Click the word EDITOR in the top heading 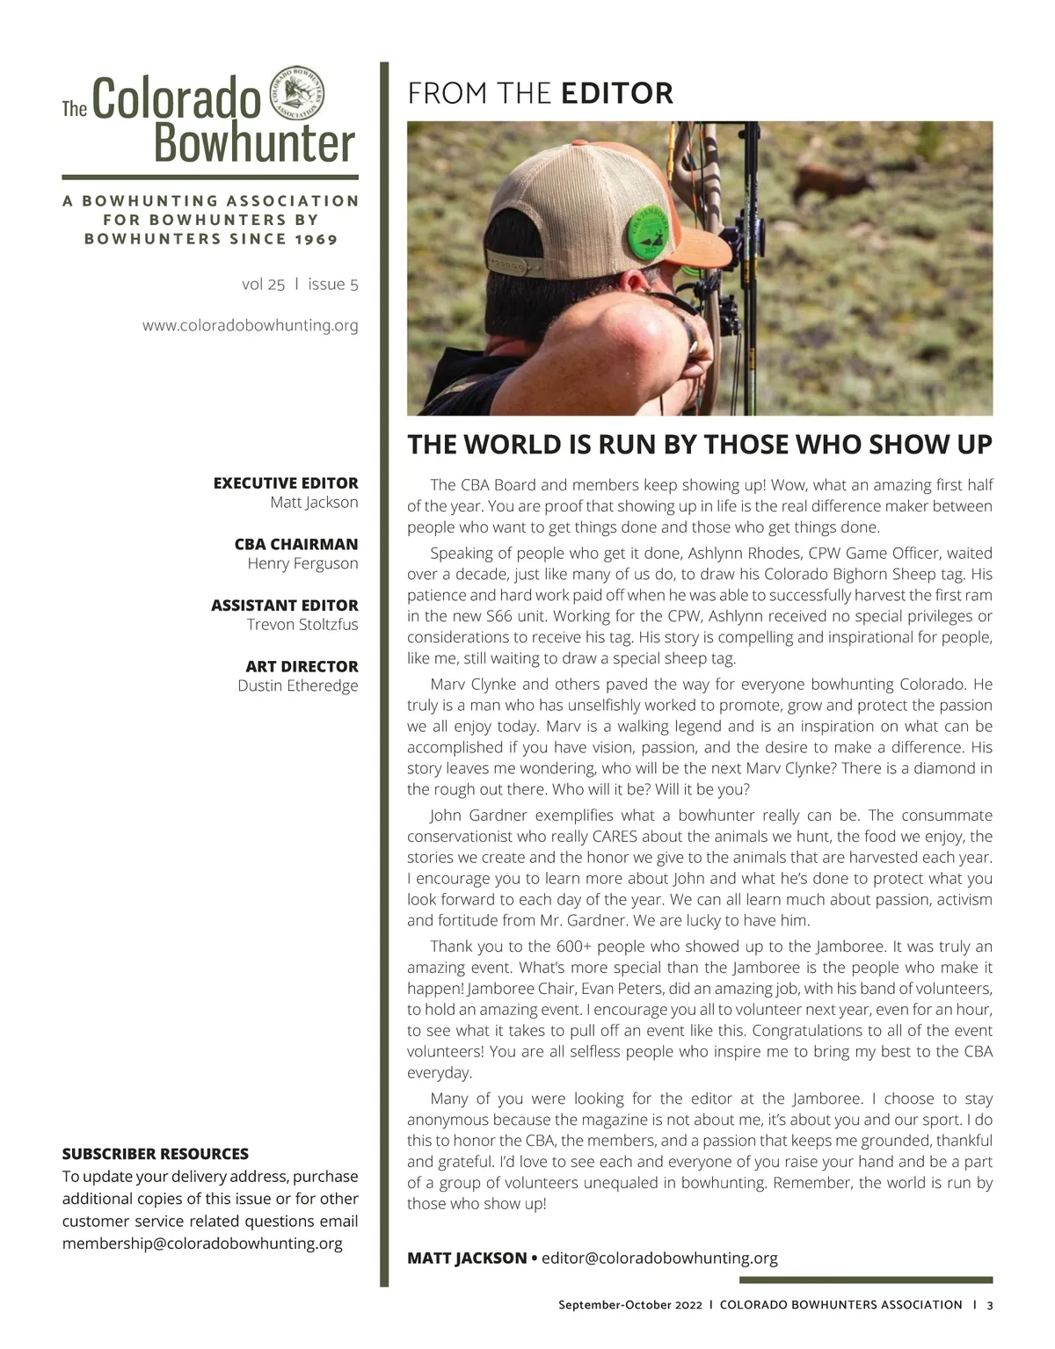(617, 93)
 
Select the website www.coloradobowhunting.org (251, 325)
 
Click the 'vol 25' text (263, 284)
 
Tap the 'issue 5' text (333, 284)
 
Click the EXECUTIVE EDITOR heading (286, 482)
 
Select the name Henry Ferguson (302, 563)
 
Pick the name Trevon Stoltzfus (302, 625)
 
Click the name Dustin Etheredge (298, 685)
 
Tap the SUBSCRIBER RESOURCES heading (156, 1154)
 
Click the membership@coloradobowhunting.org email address (202, 1244)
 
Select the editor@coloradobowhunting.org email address (659, 1258)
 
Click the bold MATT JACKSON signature (467, 1258)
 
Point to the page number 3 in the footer (990, 1305)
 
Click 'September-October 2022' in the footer (630, 1305)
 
